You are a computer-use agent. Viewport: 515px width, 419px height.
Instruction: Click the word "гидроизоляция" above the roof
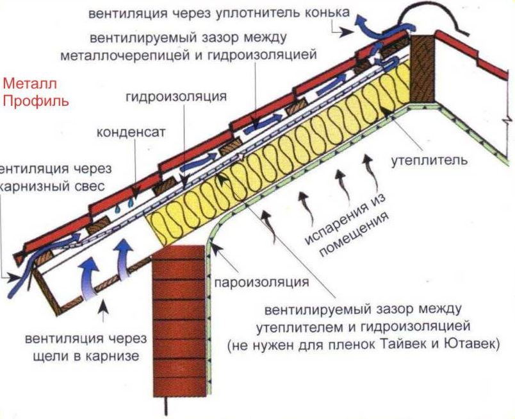177,97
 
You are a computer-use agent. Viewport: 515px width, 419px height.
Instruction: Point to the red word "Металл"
30,83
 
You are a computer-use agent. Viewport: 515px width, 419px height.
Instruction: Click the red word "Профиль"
36,101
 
